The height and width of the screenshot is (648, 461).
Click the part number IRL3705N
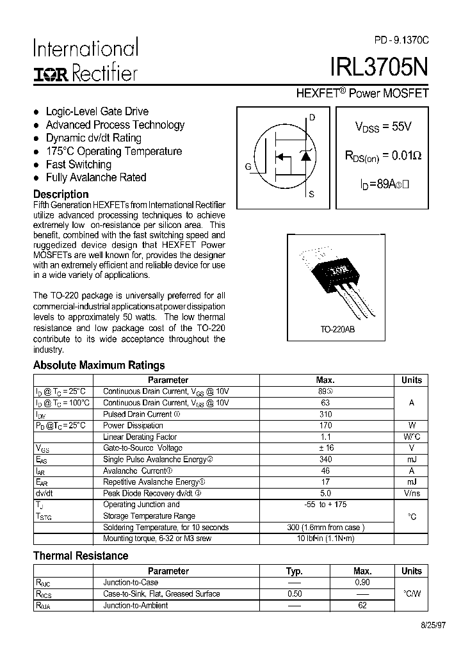pos(379,68)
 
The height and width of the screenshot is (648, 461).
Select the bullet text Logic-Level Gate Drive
pos(97,111)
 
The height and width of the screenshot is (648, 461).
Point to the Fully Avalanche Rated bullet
pos(96,177)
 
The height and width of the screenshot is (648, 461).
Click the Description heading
pos(61,194)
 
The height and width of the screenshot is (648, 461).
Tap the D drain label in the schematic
pos(312,117)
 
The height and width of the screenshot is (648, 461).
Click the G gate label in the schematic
pos(248,167)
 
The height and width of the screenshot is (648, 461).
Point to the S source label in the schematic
pos(312,194)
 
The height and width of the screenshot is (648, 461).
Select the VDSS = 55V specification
pos(383,127)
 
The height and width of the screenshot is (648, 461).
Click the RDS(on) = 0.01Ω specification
pos(383,156)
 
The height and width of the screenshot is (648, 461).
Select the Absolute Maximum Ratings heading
pos(99,366)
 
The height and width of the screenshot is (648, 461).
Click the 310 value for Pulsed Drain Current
pos(325,414)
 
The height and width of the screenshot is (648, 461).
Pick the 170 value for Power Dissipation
pos(325,425)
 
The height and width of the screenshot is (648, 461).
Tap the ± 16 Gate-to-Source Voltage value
pos(325,448)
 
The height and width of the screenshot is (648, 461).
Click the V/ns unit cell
pos(411,494)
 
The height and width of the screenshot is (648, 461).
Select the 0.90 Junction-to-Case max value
pos(362,583)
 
